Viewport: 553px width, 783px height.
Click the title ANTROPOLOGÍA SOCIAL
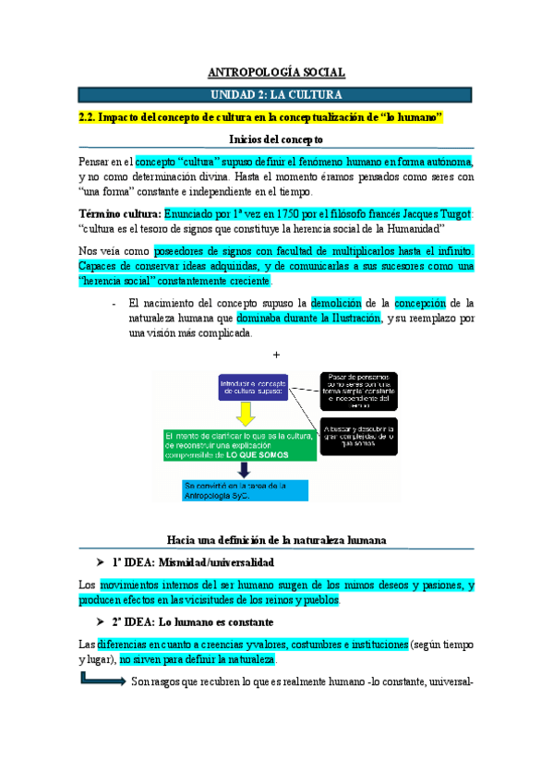coord(275,72)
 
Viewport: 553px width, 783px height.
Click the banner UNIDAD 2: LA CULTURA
coord(275,94)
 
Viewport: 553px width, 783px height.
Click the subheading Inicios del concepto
coord(275,139)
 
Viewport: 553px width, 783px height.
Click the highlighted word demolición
coord(339,302)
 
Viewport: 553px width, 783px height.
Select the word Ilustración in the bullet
coord(349,318)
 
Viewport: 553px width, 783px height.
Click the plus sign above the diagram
coord(276,355)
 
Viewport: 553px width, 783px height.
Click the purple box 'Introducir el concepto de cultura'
coord(255,387)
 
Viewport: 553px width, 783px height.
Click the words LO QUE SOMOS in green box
coord(251,455)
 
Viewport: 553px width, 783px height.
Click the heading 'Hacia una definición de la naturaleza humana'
coord(275,538)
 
